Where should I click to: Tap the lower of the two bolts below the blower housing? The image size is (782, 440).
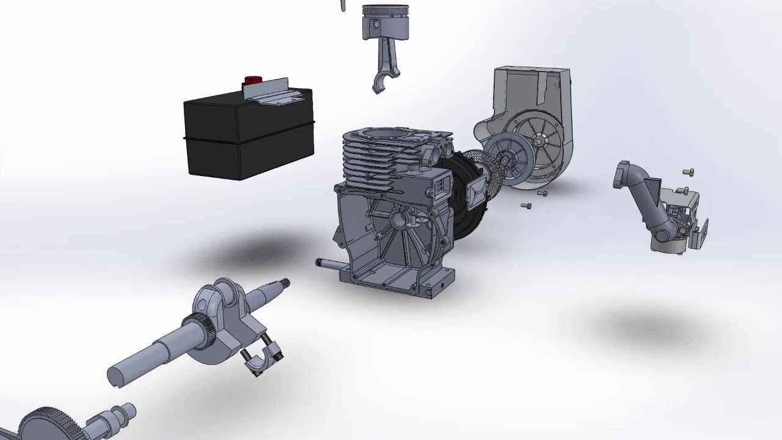point(525,206)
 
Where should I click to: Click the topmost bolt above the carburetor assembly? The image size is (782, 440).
point(689,172)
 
